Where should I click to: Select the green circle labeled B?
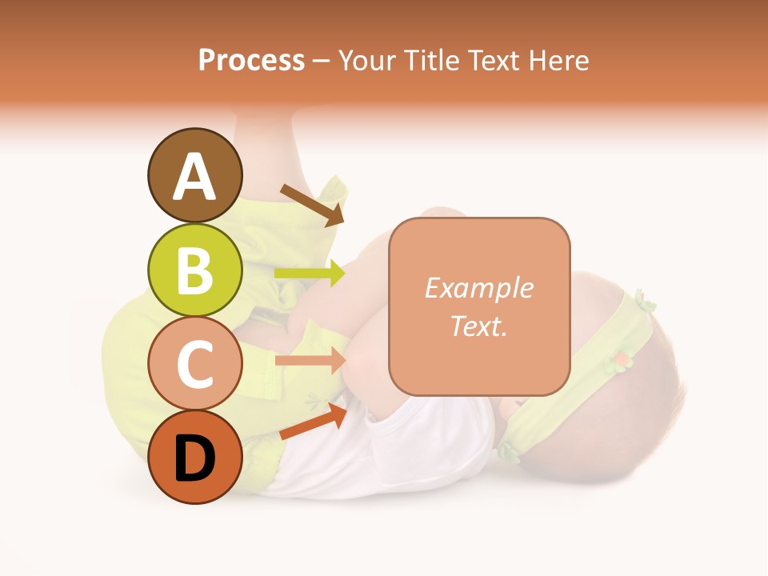coord(195,270)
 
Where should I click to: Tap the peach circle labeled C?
coord(195,365)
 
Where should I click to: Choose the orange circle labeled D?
coord(195,458)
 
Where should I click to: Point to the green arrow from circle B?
coord(310,274)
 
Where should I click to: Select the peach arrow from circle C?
coord(310,360)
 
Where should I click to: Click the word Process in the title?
coord(251,60)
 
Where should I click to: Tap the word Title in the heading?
coord(432,60)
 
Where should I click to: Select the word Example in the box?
coord(478,289)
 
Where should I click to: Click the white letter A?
coord(195,177)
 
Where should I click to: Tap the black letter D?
coord(195,459)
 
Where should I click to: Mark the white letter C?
coord(195,365)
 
